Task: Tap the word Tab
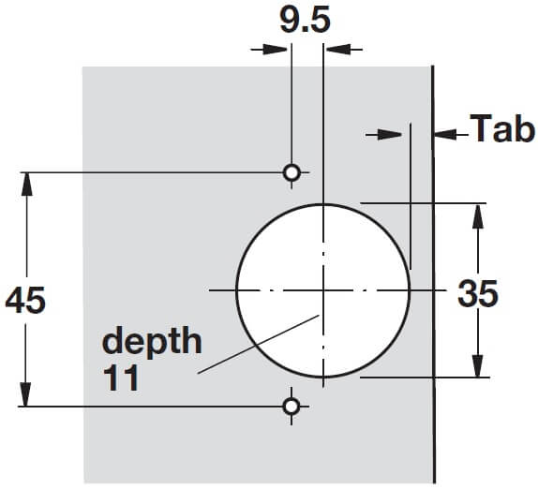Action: coord(501,128)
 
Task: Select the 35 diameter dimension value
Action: coord(478,293)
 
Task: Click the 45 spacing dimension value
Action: coord(24,302)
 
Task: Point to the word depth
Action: coord(152,341)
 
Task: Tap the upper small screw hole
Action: coord(291,172)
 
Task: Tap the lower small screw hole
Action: coord(291,406)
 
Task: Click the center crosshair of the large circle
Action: coord(322,290)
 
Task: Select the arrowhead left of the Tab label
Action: coord(442,135)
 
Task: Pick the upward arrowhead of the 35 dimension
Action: coord(478,213)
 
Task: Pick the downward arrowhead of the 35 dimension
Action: coord(478,368)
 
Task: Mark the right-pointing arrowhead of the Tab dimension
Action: coord(399,135)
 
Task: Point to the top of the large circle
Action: coord(322,203)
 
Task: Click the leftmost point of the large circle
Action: coord(236,290)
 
